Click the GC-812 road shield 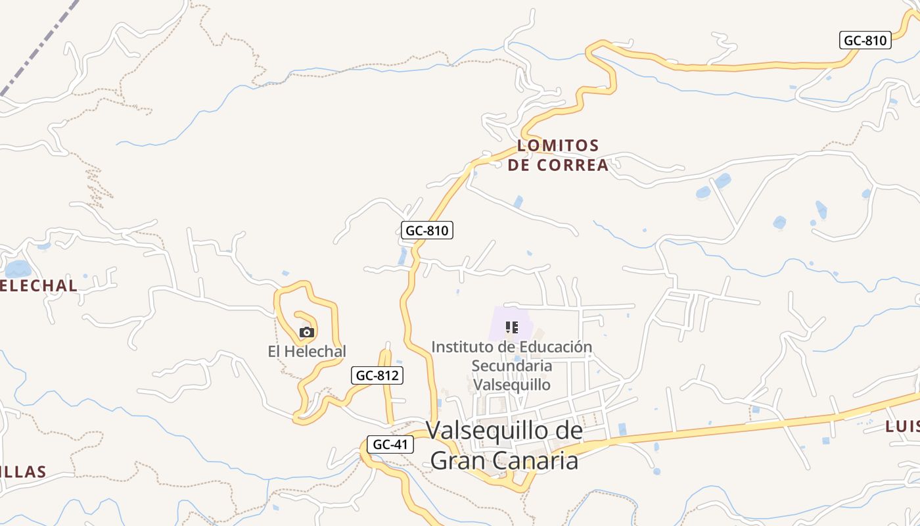(377, 375)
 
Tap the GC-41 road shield (390, 444)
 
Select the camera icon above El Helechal (306, 332)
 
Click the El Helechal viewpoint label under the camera (306, 352)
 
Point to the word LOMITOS (558, 145)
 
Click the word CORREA (572, 165)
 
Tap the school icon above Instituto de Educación (512, 327)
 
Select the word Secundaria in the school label (512, 366)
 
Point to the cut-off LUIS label (902, 426)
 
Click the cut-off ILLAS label (23, 471)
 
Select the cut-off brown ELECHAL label (38, 286)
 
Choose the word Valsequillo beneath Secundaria (512, 384)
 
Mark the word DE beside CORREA (518, 165)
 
